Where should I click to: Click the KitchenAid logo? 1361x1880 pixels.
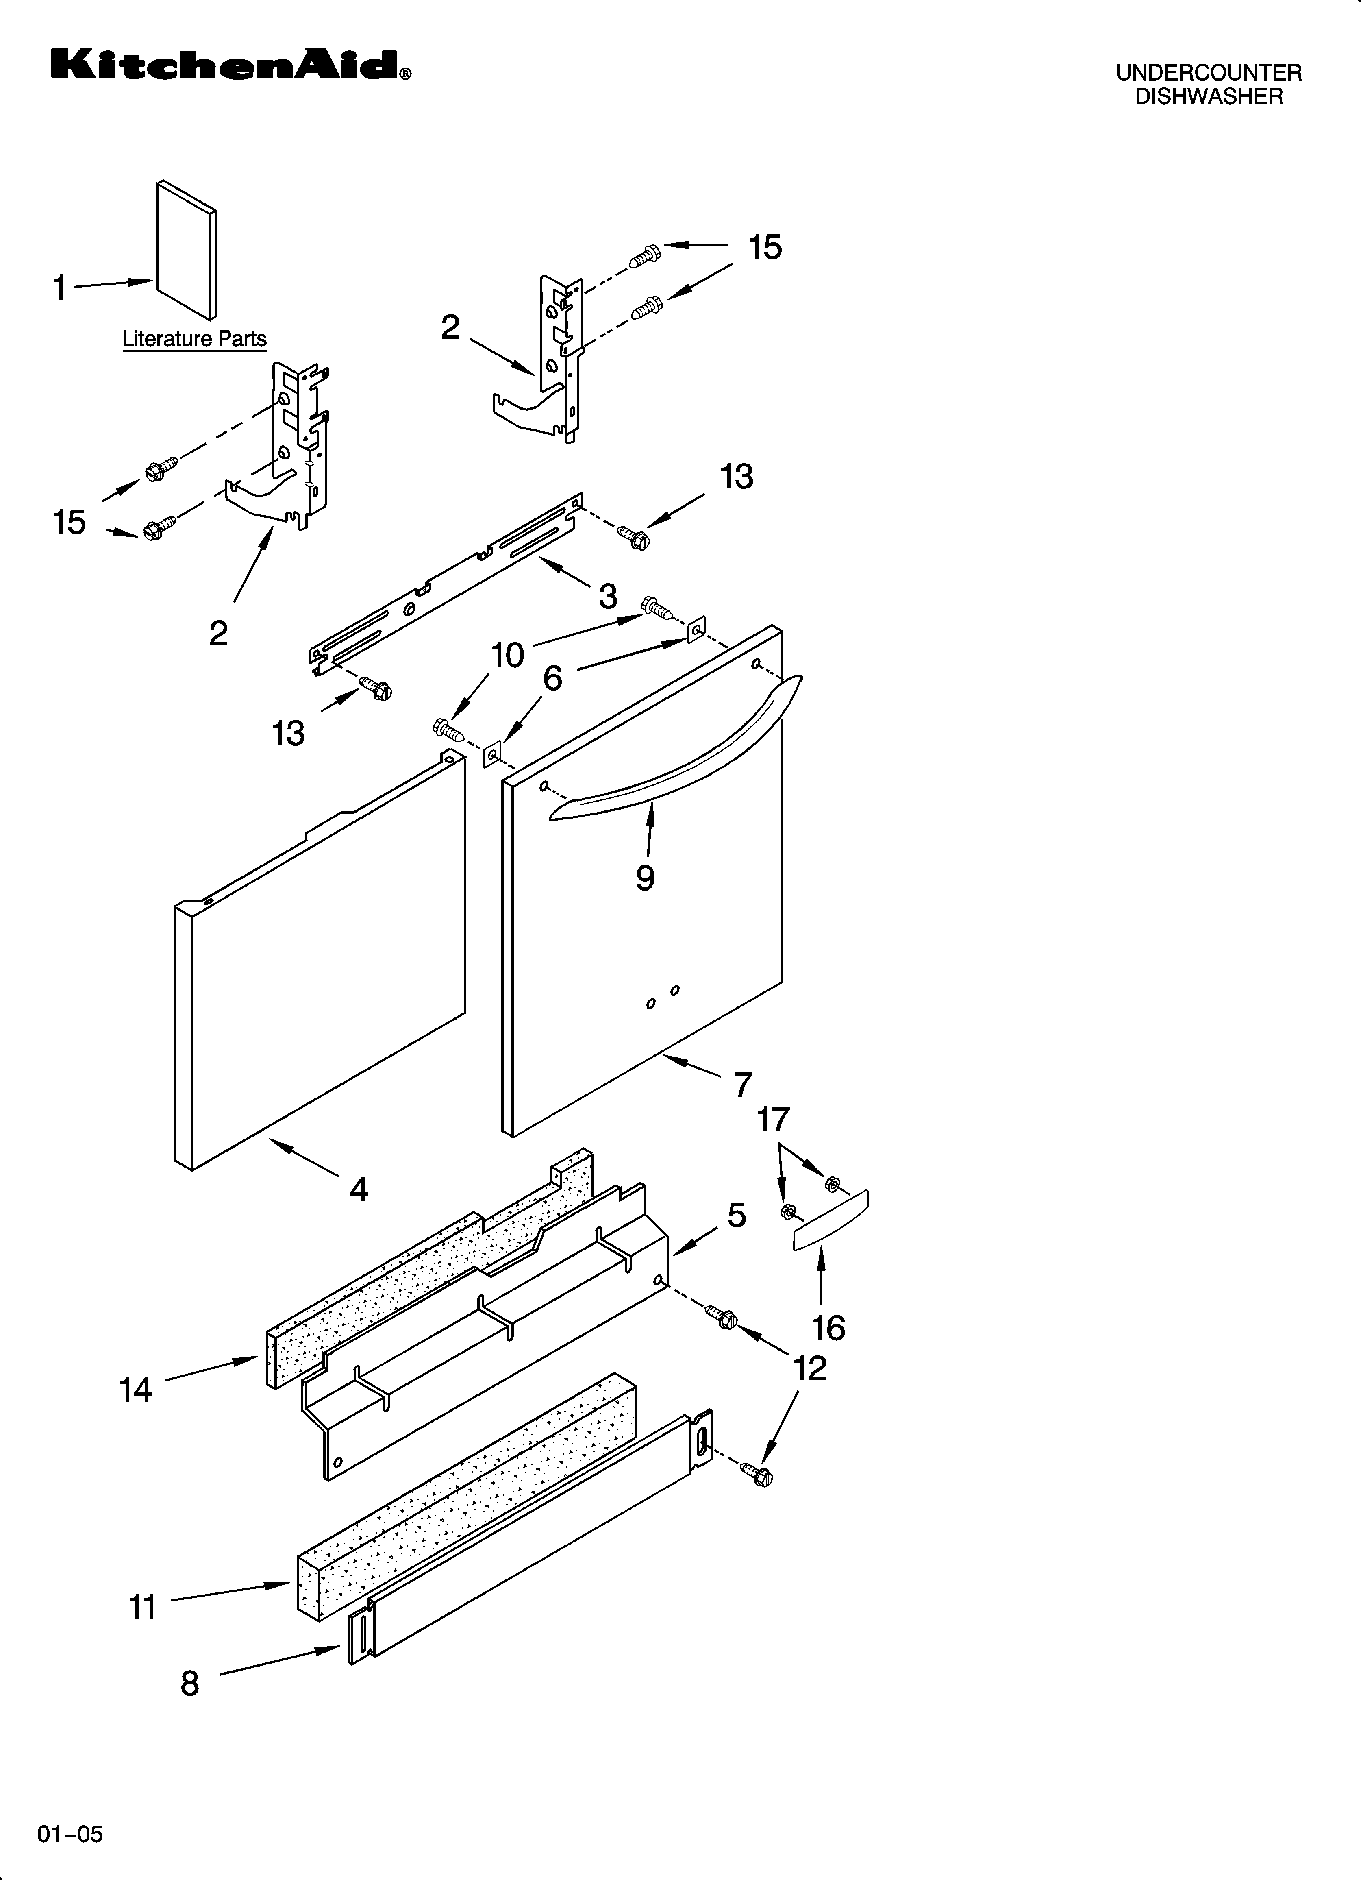pyautogui.click(x=230, y=65)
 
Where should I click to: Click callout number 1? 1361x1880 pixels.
pyautogui.click(x=60, y=288)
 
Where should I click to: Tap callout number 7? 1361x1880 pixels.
pyautogui.click(x=743, y=1084)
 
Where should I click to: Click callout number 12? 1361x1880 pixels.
pyautogui.click(x=810, y=1368)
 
